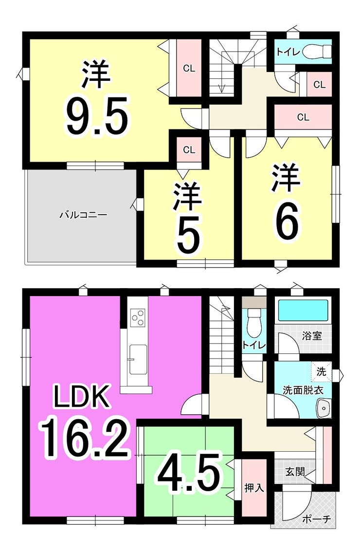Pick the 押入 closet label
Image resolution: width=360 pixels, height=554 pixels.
point(254,488)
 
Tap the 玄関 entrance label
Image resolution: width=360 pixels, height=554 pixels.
point(295,472)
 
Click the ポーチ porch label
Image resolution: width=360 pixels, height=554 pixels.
point(317,519)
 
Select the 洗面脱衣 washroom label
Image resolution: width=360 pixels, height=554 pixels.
point(303,390)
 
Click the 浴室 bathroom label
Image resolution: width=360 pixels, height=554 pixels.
point(312,335)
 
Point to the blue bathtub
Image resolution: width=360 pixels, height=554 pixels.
point(304,310)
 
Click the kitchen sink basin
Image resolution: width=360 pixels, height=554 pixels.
point(138,359)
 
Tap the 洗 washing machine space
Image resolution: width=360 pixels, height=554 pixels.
point(321,372)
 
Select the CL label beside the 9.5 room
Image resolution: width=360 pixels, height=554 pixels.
point(189,68)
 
